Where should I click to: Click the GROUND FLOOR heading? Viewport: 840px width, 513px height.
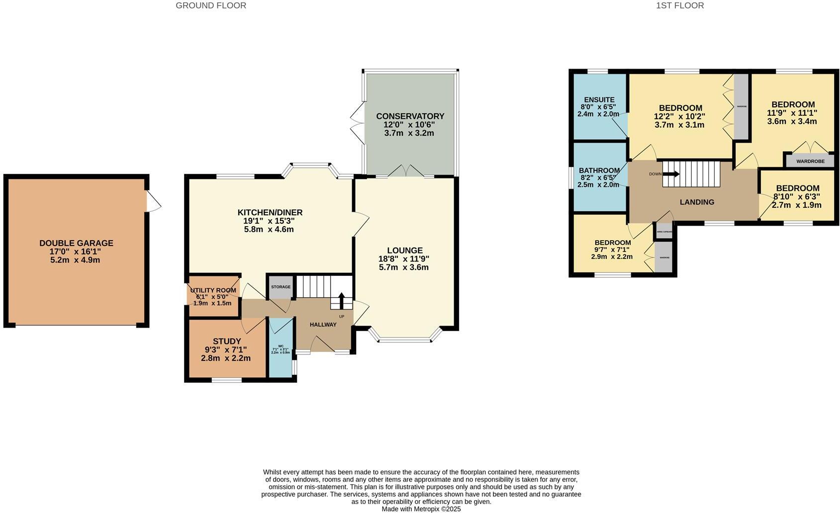(211, 5)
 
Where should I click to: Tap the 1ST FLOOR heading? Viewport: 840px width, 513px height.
(679, 5)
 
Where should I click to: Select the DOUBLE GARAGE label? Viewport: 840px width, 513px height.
(76, 243)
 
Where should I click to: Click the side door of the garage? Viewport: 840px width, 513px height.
(153, 201)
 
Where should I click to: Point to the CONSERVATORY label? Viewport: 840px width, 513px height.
(410, 116)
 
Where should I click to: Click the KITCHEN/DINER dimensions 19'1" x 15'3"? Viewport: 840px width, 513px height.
(270, 221)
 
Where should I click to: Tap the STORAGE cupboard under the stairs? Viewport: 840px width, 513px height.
(280, 287)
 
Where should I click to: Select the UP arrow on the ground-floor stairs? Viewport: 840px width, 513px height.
(341, 300)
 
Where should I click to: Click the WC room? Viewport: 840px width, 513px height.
(280, 348)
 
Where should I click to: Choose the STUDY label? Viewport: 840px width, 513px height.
(227, 341)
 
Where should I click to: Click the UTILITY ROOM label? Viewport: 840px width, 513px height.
(213, 290)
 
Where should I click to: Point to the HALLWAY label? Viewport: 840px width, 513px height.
(323, 325)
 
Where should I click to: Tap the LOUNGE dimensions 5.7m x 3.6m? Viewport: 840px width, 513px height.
(403, 267)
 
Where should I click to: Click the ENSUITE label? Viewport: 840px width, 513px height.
(599, 100)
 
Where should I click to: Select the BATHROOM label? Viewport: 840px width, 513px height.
(599, 171)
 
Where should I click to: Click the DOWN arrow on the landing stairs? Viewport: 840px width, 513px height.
(670, 174)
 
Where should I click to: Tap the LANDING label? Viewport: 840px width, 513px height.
(697, 202)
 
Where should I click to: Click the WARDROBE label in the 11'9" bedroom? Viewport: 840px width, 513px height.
(810, 161)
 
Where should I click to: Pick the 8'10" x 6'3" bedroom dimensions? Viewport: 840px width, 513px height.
(796, 196)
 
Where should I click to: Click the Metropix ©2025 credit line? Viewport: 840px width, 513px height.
(421, 509)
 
